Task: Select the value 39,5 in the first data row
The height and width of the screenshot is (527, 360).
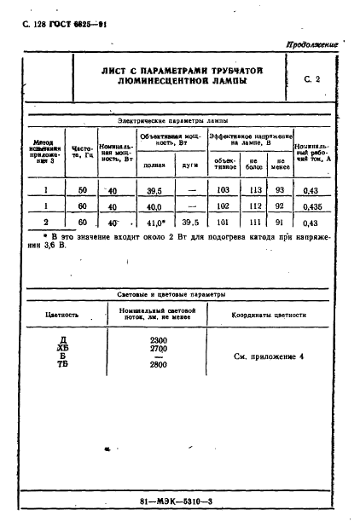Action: click(x=154, y=190)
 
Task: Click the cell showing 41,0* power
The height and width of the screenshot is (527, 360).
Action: click(x=154, y=223)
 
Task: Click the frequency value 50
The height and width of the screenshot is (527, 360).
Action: click(x=82, y=190)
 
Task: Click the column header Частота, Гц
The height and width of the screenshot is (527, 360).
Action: click(x=82, y=151)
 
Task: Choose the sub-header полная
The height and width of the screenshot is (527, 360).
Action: click(x=154, y=166)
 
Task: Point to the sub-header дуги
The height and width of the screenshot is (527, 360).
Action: click(x=191, y=166)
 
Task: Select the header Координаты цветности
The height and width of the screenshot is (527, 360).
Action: click(x=269, y=315)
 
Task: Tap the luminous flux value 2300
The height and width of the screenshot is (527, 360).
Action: click(x=159, y=340)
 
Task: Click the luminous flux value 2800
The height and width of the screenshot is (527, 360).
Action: click(x=159, y=364)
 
